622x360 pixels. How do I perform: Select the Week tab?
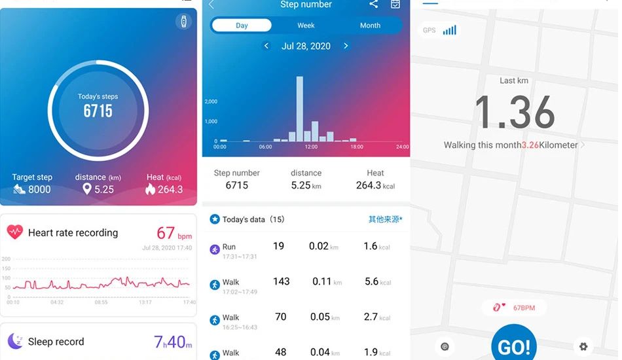point(306,26)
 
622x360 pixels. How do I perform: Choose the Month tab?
point(370,26)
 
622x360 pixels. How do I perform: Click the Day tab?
point(242,26)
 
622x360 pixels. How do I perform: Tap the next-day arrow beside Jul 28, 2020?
point(346,46)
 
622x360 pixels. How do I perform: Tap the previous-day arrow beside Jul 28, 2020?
point(266,46)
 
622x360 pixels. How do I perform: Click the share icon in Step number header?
point(373,5)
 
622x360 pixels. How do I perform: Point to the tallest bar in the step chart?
point(299,109)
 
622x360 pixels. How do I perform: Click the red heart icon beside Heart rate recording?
point(14,232)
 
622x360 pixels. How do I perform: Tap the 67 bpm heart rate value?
point(174,233)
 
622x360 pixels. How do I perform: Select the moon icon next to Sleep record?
point(16,341)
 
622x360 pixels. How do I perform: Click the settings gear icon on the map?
point(583,346)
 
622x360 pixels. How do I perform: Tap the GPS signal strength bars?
point(449,30)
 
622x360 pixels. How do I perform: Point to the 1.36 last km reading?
point(515,112)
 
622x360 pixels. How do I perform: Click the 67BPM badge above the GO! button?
point(514,308)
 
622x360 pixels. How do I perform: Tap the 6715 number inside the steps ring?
point(98,111)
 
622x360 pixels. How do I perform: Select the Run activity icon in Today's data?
point(215,249)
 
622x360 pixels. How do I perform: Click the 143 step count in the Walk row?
point(282,281)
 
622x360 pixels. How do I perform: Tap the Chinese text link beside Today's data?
point(385,219)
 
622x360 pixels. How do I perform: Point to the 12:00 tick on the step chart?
point(311,147)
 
